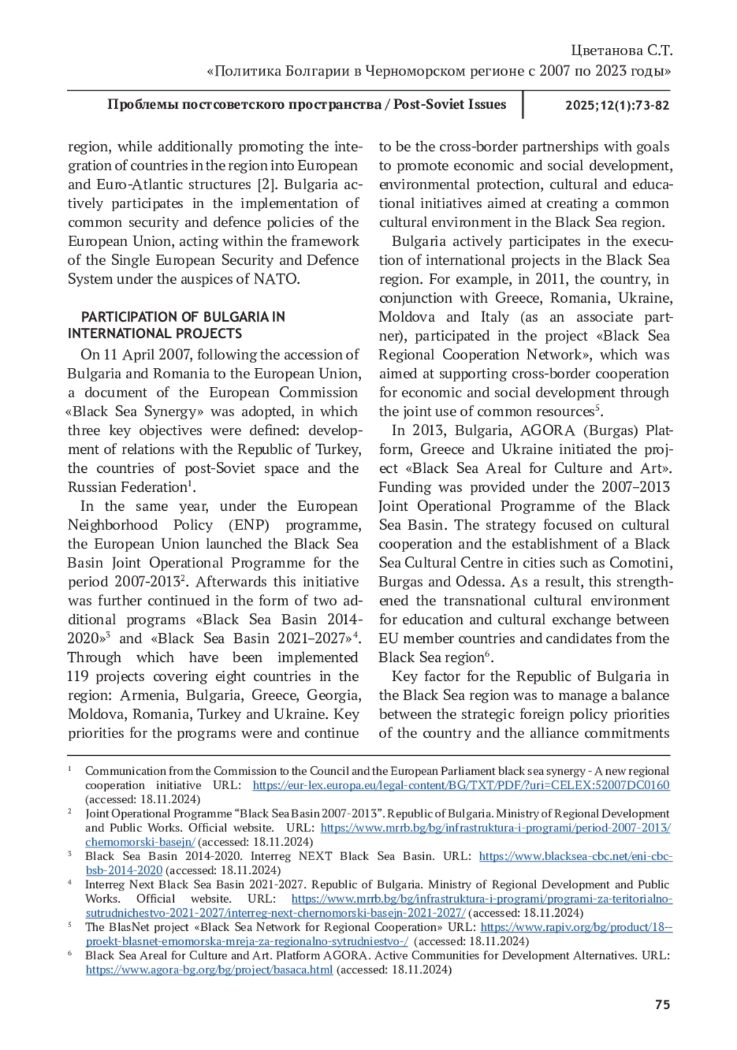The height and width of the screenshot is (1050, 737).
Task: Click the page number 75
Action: click(662, 1005)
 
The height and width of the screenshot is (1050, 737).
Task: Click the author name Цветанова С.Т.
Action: click(622, 50)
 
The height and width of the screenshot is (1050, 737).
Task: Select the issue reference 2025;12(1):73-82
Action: click(617, 105)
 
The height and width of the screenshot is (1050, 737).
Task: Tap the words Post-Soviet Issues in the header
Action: click(450, 104)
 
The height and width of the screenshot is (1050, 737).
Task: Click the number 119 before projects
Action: click(79, 677)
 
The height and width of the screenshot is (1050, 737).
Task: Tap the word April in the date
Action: click(139, 355)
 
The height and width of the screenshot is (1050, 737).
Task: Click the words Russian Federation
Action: click(127, 488)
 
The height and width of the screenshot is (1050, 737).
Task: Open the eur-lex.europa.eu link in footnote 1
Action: click(461, 785)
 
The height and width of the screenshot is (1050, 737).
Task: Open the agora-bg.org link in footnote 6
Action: click(209, 970)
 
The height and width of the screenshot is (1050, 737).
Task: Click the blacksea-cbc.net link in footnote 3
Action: click(575, 857)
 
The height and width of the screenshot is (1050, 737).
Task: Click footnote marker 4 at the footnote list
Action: click(71, 883)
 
